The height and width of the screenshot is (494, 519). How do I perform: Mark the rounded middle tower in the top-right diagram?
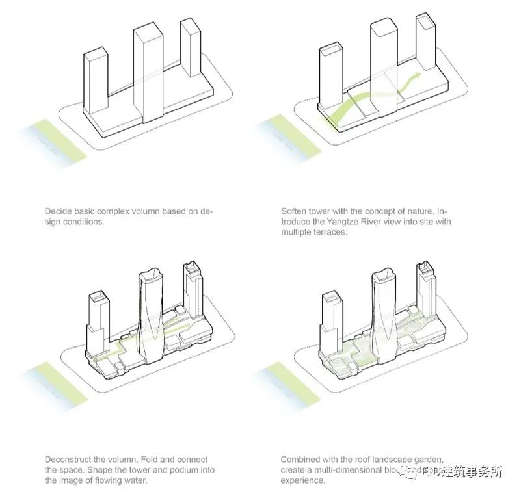point(383,65)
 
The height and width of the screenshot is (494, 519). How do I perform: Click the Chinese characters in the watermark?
point(472,473)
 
